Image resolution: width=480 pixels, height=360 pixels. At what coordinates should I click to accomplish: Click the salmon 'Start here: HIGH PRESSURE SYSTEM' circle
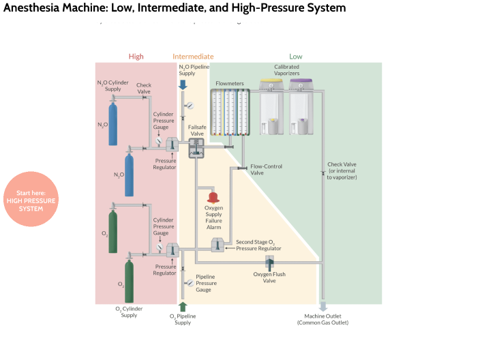[x=31, y=199]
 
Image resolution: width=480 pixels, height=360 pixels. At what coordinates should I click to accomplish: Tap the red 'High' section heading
[x=136, y=57]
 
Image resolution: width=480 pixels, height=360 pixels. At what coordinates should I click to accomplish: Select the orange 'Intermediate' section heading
[x=193, y=57]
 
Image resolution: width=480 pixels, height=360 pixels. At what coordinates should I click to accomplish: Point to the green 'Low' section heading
[x=295, y=57]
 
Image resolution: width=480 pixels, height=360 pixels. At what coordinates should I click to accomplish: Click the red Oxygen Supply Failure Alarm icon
[x=213, y=196]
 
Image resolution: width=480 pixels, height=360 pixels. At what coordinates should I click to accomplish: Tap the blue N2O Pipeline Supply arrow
[x=183, y=84]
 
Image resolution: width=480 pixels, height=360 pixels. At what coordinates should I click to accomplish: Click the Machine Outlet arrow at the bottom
[x=322, y=307]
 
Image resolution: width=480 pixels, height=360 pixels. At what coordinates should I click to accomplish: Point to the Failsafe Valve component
[x=196, y=149]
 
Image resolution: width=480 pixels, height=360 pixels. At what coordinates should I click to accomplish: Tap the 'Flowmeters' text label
[x=230, y=83]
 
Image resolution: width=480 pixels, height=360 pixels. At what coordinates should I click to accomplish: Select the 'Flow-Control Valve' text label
[x=266, y=169]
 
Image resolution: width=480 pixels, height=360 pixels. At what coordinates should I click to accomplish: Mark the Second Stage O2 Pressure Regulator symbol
[x=217, y=245]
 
